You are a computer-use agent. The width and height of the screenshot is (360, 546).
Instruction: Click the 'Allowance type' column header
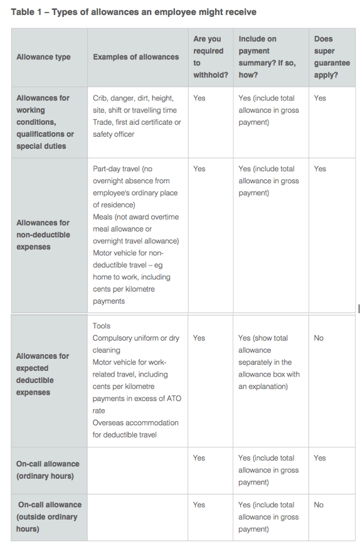[x=43, y=57]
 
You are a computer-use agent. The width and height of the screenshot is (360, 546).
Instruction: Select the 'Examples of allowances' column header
[x=135, y=57]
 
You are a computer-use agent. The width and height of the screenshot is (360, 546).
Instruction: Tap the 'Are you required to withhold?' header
[x=210, y=57]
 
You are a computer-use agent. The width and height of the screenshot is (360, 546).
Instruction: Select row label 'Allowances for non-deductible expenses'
[x=43, y=235]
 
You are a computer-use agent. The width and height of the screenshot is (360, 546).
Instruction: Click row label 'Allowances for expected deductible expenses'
[x=43, y=374]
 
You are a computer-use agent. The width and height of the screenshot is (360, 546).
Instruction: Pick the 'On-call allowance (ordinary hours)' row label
[x=48, y=469]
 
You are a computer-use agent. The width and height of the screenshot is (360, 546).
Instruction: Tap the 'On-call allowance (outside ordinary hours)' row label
[x=48, y=517]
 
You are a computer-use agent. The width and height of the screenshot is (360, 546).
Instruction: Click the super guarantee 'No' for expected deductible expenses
[x=319, y=338]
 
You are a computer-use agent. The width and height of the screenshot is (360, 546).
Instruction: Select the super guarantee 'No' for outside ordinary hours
[x=319, y=505]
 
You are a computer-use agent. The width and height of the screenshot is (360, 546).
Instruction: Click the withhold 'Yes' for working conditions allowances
[x=199, y=98]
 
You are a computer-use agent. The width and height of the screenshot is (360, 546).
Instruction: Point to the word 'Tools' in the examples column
[x=102, y=326]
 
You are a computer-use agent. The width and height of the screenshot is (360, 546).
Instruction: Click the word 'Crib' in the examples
[x=101, y=98]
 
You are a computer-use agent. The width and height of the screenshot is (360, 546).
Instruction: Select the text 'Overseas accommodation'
[x=135, y=422]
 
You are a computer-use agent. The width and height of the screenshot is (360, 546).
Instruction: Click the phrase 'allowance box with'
[x=269, y=375]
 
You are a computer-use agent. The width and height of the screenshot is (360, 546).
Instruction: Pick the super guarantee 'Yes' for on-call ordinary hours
[x=320, y=458]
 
